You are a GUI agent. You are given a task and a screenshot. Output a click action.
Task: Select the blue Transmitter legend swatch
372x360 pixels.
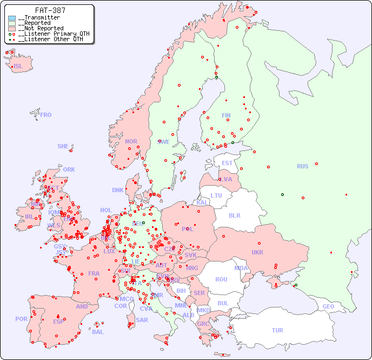[x=12, y=18]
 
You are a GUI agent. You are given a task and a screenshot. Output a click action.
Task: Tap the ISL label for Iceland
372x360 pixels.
[x=18, y=67]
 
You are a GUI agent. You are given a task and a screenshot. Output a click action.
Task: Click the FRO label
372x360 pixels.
[x=46, y=115]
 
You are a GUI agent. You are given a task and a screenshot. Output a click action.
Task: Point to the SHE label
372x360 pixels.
[x=63, y=146]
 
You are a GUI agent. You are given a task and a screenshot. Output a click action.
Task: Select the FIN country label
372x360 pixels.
[x=226, y=115]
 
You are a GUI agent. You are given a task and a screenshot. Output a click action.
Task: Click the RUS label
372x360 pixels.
[x=302, y=166]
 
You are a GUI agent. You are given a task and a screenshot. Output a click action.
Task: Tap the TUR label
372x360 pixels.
[x=277, y=330]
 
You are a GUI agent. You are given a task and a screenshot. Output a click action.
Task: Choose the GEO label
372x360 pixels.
[x=328, y=306]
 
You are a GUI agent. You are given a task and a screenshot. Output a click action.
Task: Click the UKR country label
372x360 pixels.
[x=257, y=252]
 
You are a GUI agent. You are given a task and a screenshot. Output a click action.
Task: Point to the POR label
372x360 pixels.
[x=21, y=319]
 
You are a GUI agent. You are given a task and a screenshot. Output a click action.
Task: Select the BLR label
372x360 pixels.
[x=234, y=215]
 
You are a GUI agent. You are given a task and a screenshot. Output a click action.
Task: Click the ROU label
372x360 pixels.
[x=221, y=279]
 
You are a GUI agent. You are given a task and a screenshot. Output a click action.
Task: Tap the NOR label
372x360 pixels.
[x=131, y=141]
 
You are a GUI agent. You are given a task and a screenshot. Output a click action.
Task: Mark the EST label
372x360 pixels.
[x=227, y=163]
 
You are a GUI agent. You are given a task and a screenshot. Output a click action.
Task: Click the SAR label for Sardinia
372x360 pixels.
[x=142, y=320]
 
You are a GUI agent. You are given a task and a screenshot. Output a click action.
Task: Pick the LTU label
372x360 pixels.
[x=216, y=195]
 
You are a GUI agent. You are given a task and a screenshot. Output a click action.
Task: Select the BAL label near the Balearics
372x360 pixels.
[x=98, y=332]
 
